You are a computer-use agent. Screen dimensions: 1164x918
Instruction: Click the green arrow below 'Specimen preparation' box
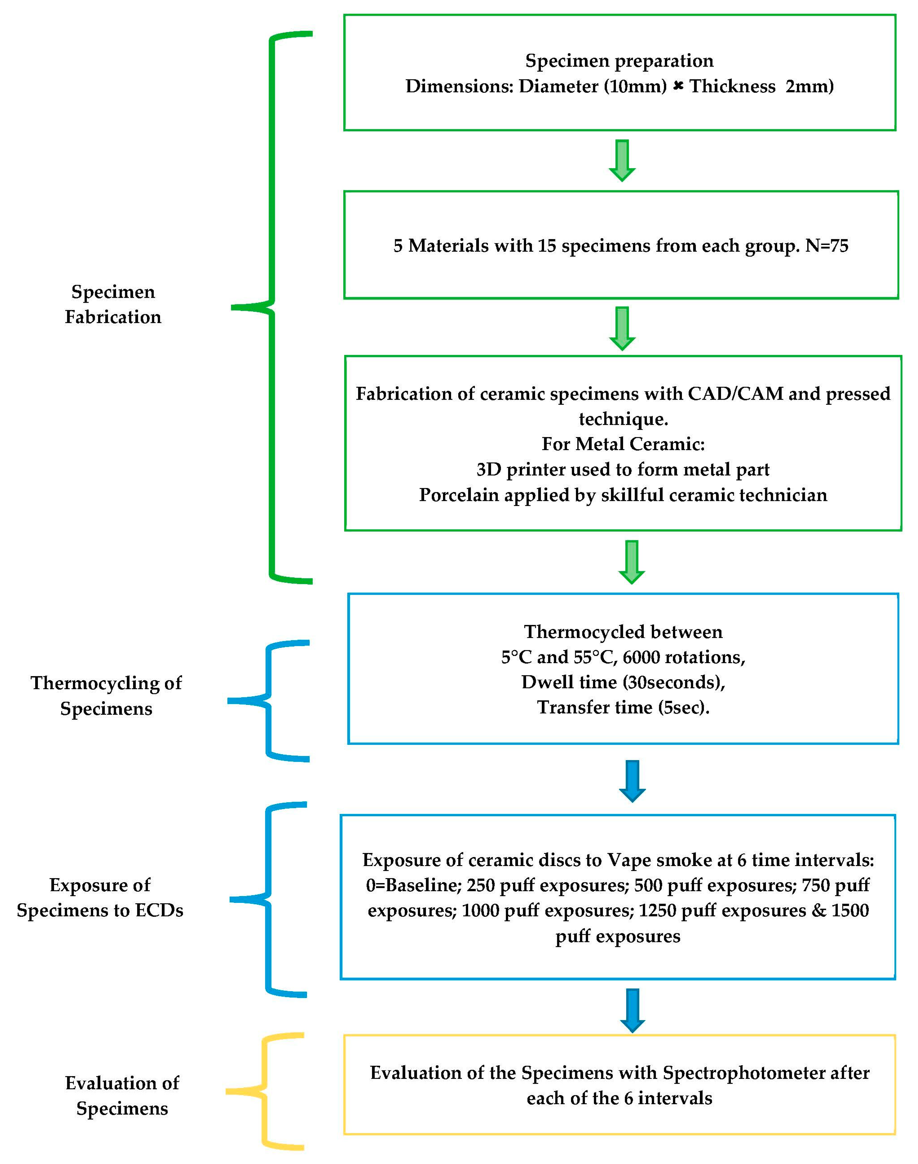point(622,160)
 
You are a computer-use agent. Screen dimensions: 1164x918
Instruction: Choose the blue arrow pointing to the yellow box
point(633,1010)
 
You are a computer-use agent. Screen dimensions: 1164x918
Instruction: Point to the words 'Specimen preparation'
point(619,61)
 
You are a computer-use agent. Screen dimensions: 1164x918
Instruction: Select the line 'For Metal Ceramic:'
point(623,444)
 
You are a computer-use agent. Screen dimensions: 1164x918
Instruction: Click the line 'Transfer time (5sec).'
point(623,707)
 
